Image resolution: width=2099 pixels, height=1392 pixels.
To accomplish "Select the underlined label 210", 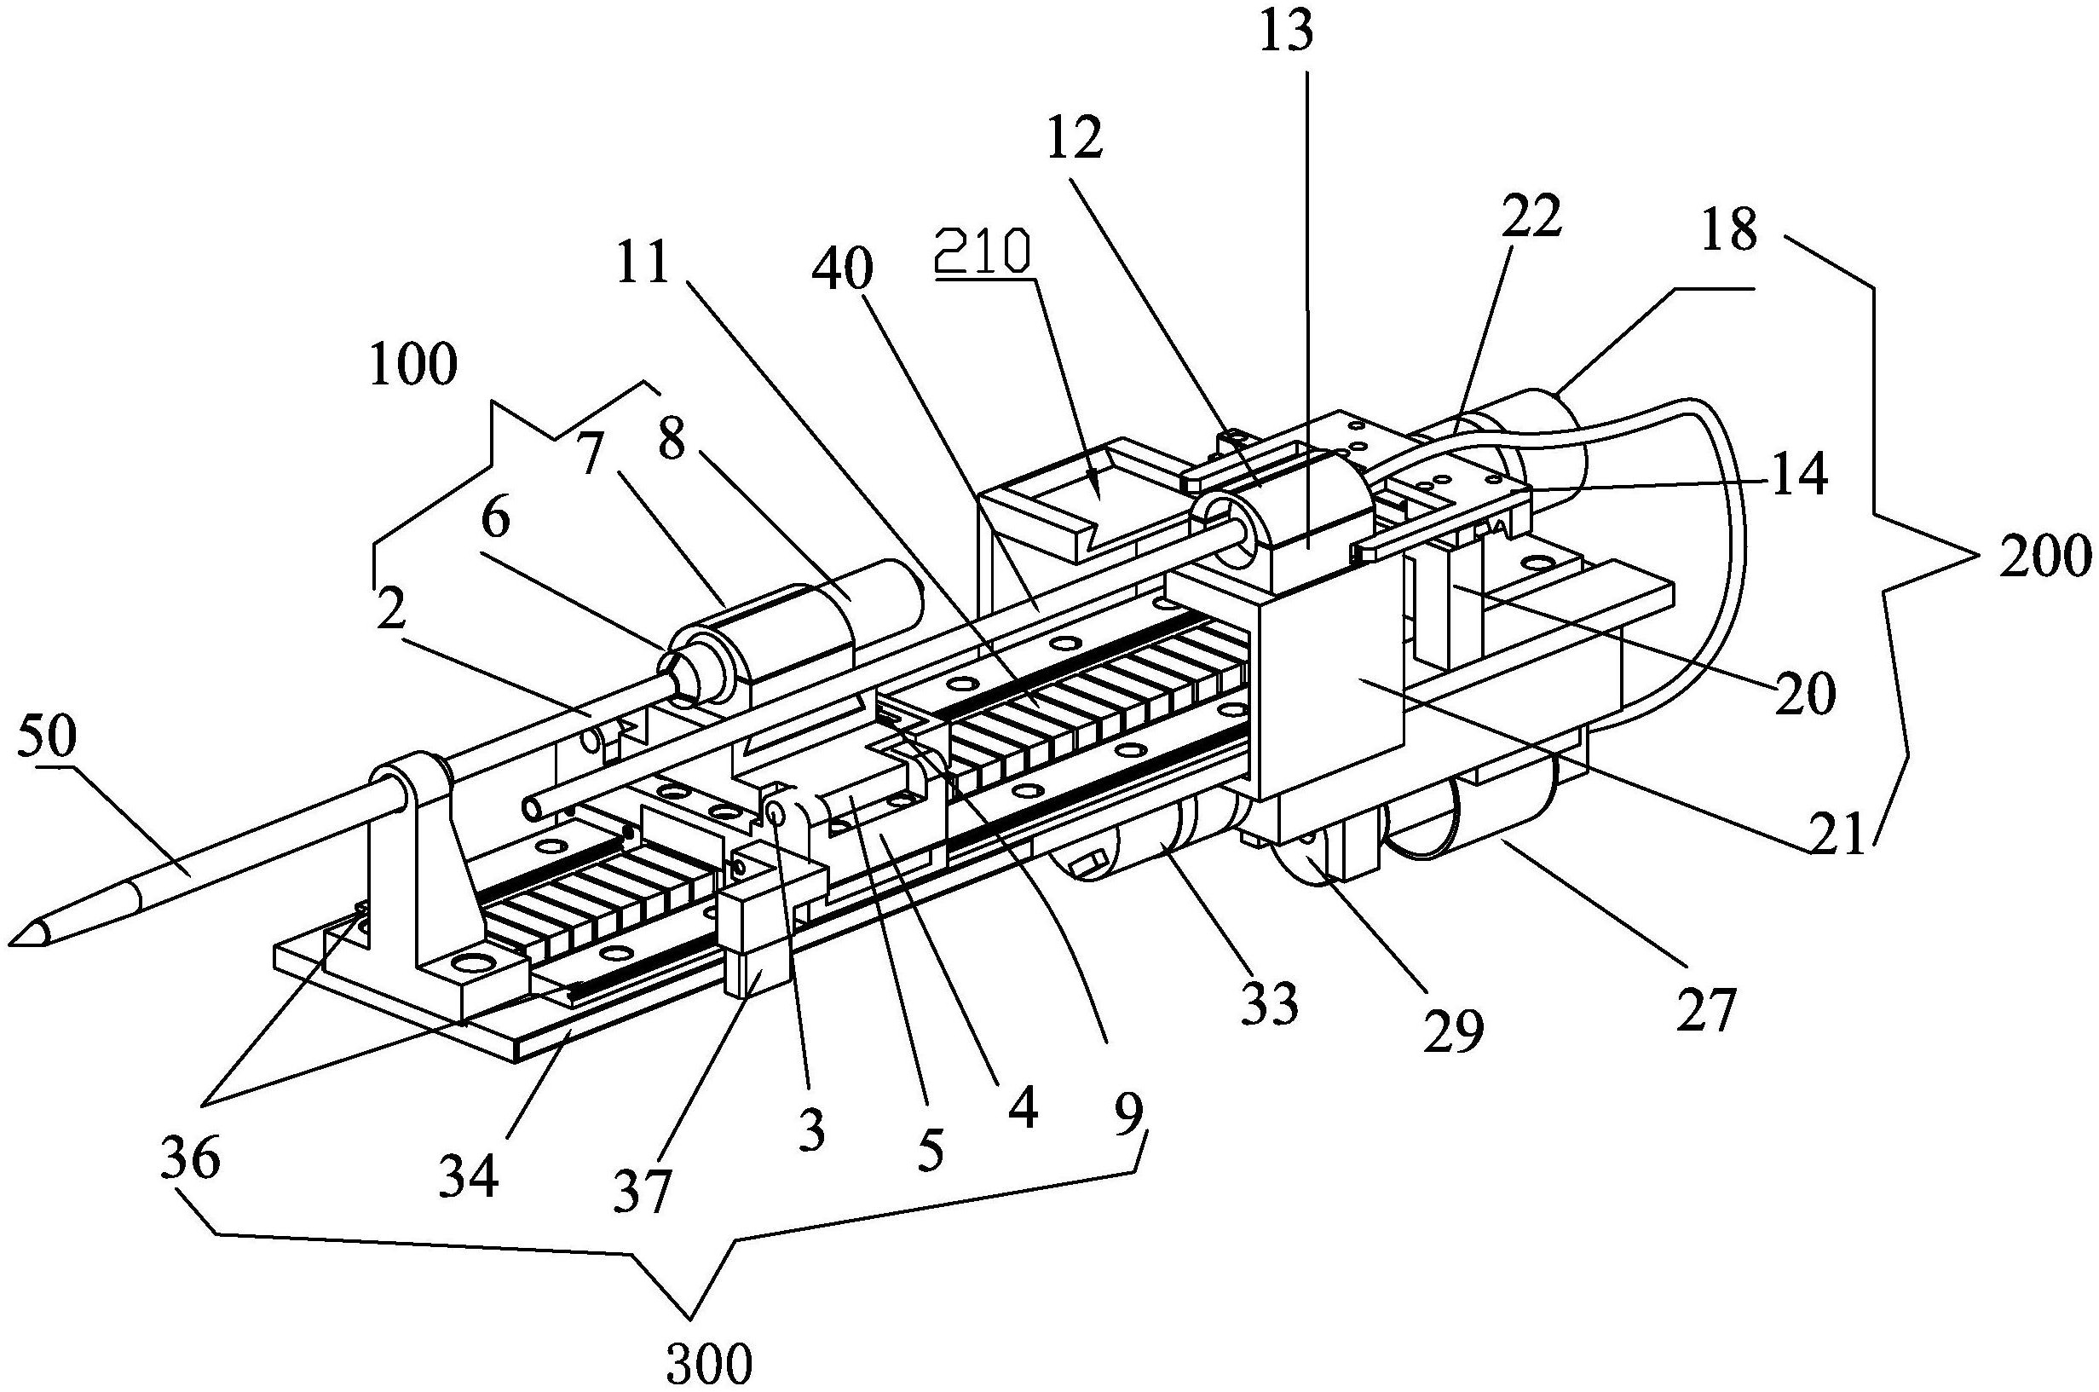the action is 983,251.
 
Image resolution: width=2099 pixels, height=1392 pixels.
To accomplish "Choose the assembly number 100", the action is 413,365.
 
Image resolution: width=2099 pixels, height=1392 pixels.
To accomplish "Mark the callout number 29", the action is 1454,1031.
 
